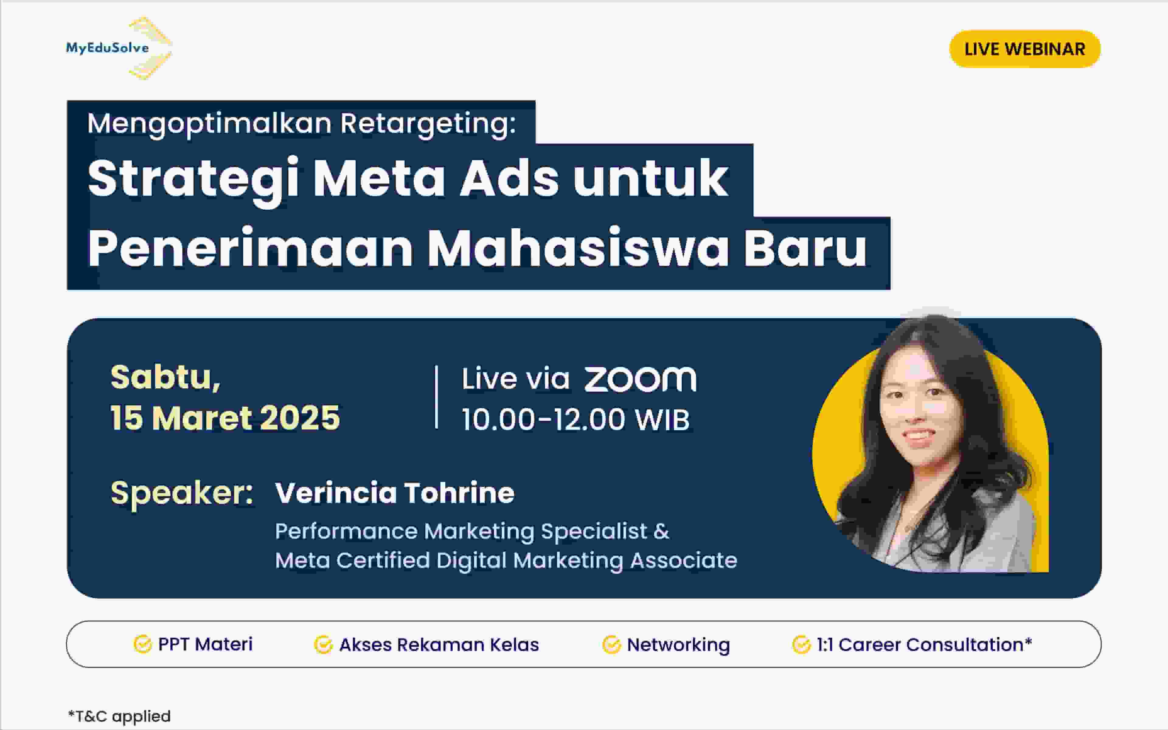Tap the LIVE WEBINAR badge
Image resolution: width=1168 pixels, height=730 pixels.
1024,49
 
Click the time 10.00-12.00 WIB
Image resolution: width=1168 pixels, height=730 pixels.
575,419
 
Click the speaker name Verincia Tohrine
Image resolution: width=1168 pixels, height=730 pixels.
394,493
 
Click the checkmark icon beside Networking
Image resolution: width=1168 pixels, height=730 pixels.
611,645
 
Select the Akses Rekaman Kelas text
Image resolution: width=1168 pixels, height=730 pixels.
439,645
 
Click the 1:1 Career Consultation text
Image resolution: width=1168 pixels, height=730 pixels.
924,645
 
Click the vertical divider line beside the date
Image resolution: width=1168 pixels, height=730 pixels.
436,397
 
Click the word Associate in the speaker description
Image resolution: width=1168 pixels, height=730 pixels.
683,560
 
